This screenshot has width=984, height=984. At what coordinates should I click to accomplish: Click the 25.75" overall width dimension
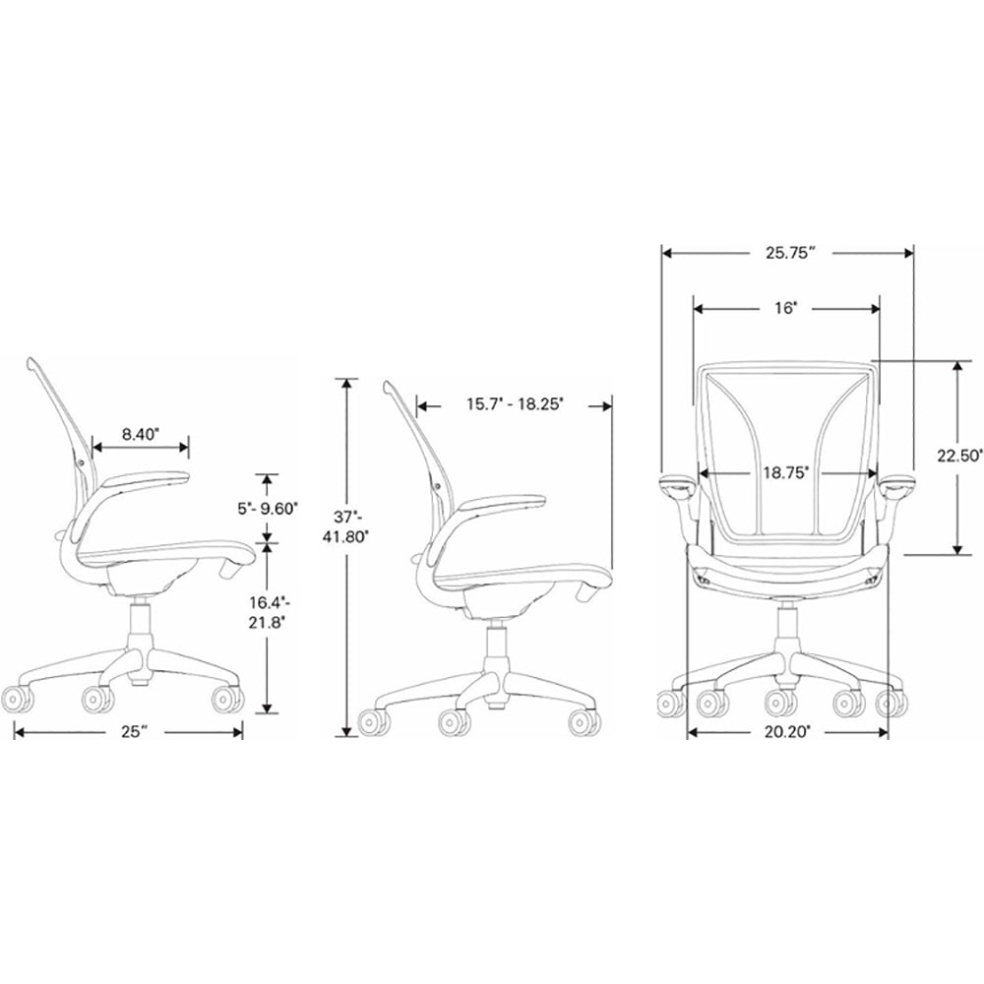pyautogui.click(x=787, y=253)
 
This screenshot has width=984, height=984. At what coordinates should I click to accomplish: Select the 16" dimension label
pyautogui.click(x=784, y=308)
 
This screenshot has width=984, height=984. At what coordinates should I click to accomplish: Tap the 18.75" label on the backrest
pyautogui.click(x=785, y=473)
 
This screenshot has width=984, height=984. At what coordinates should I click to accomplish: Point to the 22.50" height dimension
pyautogui.click(x=959, y=456)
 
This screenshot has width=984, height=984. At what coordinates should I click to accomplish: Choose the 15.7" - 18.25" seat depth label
pyautogui.click(x=514, y=404)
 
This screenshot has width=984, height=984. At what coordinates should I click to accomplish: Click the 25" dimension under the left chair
pyautogui.click(x=129, y=730)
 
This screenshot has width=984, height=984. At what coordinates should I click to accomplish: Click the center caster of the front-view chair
pyautogui.click(x=781, y=702)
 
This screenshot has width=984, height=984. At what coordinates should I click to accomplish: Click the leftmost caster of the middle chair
pyautogui.click(x=372, y=722)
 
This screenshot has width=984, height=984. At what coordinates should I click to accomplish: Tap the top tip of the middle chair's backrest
pyautogui.click(x=388, y=384)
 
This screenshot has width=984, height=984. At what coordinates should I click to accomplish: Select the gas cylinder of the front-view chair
pyautogui.click(x=787, y=629)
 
